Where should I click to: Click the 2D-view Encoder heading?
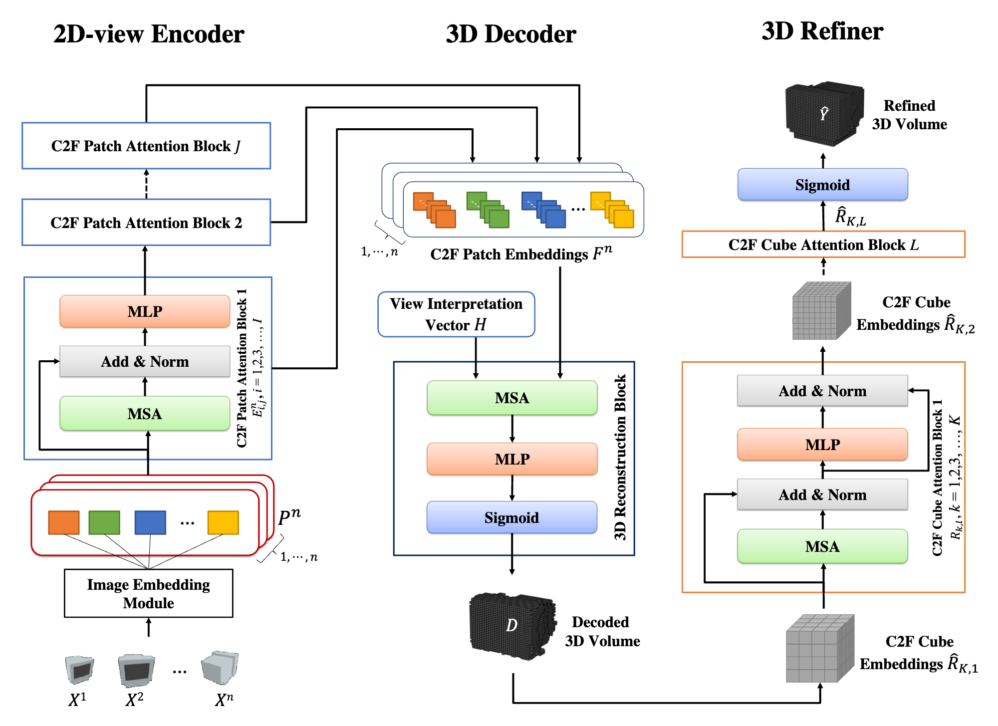tap(149, 34)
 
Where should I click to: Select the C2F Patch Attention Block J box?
tap(146, 146)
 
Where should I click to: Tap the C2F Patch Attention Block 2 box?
tap(146, 223)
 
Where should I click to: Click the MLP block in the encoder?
tap(145, 311)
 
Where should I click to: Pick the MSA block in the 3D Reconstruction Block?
tap(512, 398)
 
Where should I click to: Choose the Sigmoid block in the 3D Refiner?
tap(822, 185)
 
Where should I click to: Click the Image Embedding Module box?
tap(148, 593)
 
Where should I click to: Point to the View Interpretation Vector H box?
tap(456, 314)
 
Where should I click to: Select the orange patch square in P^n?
tap(64, 522)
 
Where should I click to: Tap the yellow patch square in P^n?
tap(223, 522)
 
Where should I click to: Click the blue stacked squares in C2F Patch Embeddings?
tap(544, 210)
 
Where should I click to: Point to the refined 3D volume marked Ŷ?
tap(824, 114)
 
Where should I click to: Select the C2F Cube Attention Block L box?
tap(823, 244)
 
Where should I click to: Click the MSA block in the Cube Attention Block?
tap(822, 546)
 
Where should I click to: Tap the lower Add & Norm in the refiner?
tap(822, 494)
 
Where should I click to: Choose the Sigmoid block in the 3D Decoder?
tap(512, 517)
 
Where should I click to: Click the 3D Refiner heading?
tap(822, 31)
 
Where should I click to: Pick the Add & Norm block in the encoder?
tap(145, 361)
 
